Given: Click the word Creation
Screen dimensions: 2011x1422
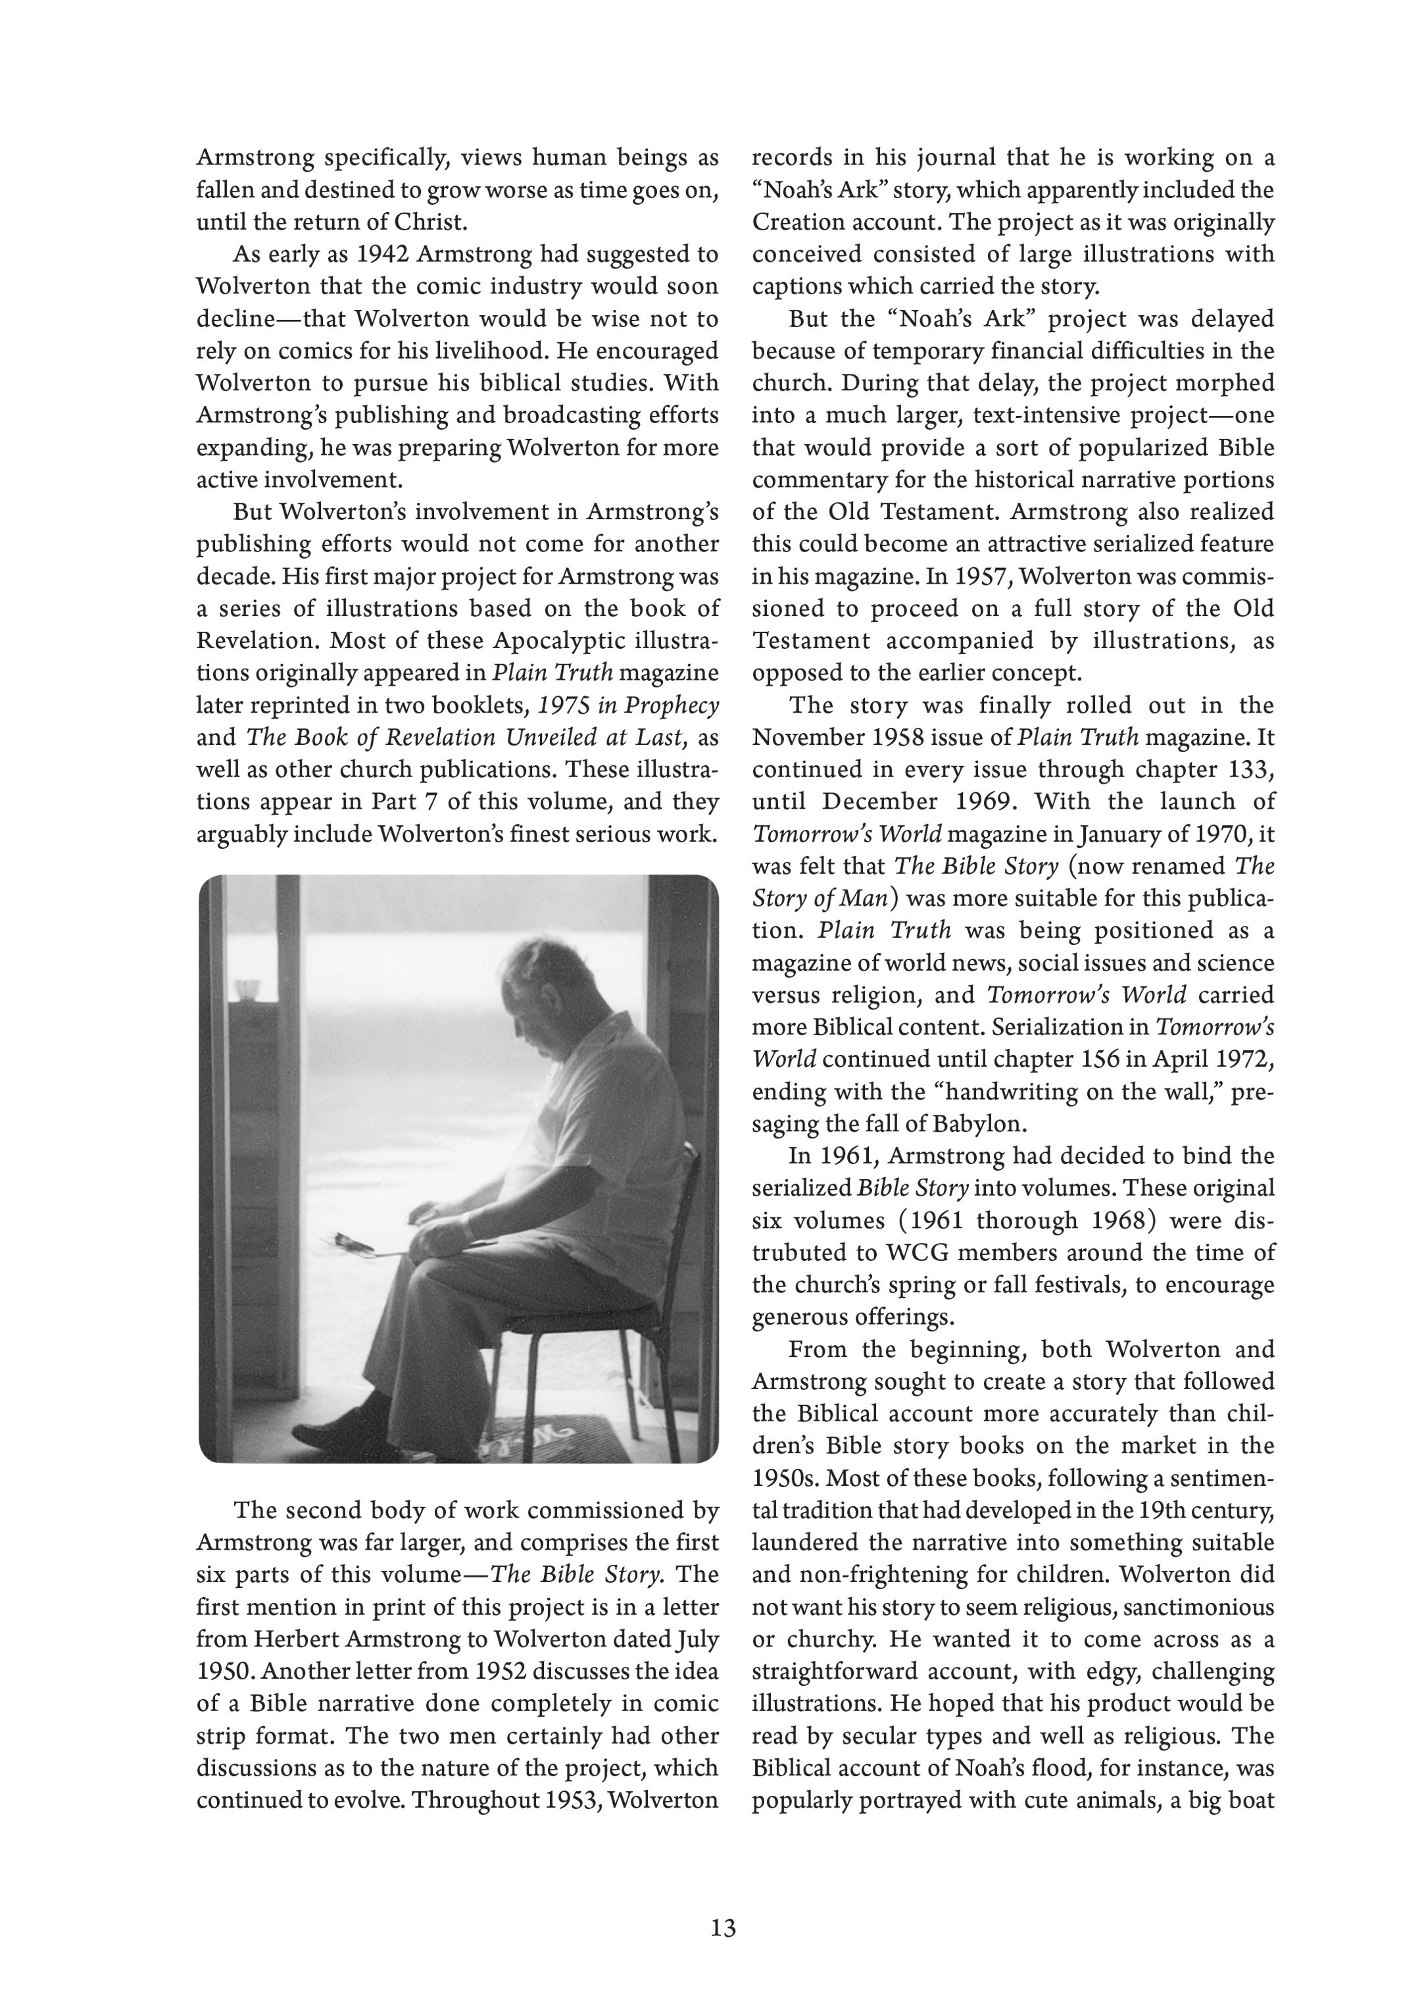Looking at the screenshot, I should (x=795, y=222).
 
